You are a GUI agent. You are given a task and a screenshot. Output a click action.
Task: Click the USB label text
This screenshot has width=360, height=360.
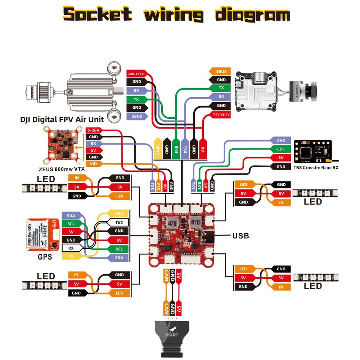pyautogui.click(x=240, y=236)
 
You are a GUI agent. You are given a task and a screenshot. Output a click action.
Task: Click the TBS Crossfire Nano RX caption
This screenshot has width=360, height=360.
pyautogui.click(x=316, y=167)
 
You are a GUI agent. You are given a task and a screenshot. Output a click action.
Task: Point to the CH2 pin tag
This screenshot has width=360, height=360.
pyautogui.click(x=281, y=140)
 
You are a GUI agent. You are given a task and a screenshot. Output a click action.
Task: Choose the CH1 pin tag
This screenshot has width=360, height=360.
pyautogui.click(x=281, y=149)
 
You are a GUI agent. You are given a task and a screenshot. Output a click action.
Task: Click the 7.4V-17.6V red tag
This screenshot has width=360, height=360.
pyautogui.click(x=135, y=74)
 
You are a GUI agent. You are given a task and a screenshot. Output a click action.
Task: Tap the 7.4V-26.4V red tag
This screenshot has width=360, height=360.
pyautogui.click(x=221, y=114)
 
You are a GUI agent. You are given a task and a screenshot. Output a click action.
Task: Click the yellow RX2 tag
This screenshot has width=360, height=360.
pyautogui.click(x=119, y=213)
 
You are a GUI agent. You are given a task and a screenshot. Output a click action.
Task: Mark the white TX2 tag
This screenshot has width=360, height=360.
pyautogui.click(x=119, y=222)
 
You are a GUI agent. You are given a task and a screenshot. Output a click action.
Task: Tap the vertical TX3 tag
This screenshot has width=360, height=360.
pyautogui.click(x=153, y=185)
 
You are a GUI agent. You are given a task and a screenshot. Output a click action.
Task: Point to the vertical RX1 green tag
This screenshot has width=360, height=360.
pyautogui.click(x=199, y=185)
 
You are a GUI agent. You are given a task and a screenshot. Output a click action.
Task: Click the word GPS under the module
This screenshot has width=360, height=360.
pyautogui.click(x=45, y=257)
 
